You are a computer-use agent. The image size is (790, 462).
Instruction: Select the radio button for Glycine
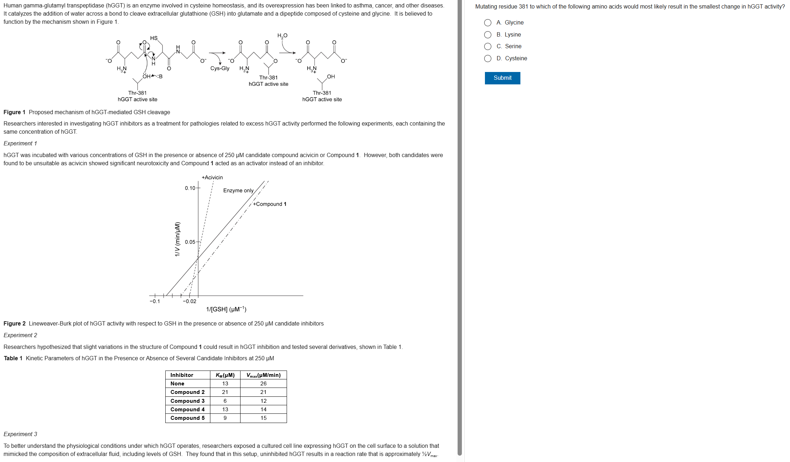coord(488,23)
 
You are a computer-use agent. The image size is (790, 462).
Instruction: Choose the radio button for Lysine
coord(488,35)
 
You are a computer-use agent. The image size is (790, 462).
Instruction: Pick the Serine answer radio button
coord(488,46)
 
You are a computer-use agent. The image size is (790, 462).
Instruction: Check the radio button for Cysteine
coord(488,59)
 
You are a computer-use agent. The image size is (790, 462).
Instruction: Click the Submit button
coord(502,78)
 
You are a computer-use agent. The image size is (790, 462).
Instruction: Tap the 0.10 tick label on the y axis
coord(190,188)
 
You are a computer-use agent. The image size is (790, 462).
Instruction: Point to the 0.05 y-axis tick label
coord(190,242)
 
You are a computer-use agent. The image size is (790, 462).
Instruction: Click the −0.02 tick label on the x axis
coord(189,301)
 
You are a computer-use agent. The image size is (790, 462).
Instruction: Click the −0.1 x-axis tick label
coord(155,301)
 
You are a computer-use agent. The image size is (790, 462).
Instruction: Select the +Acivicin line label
coord(212,177)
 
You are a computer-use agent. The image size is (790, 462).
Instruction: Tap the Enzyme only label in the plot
coord(238,190)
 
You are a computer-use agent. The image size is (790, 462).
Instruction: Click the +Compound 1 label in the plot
coord(270,204)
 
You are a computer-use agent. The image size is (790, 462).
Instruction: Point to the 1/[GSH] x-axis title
coord(226,309)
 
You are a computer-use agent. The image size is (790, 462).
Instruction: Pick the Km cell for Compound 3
coord(225,401)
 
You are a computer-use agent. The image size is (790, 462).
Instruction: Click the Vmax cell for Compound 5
coord(263,418)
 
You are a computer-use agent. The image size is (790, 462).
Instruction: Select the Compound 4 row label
coord(187,410)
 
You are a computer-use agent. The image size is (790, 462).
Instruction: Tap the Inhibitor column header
coord(182,375)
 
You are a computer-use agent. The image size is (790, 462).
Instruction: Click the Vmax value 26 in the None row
coord(263,384)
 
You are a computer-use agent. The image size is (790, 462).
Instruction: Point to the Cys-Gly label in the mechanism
coord(220,68)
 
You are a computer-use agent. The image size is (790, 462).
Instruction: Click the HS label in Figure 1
coord(154,38)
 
